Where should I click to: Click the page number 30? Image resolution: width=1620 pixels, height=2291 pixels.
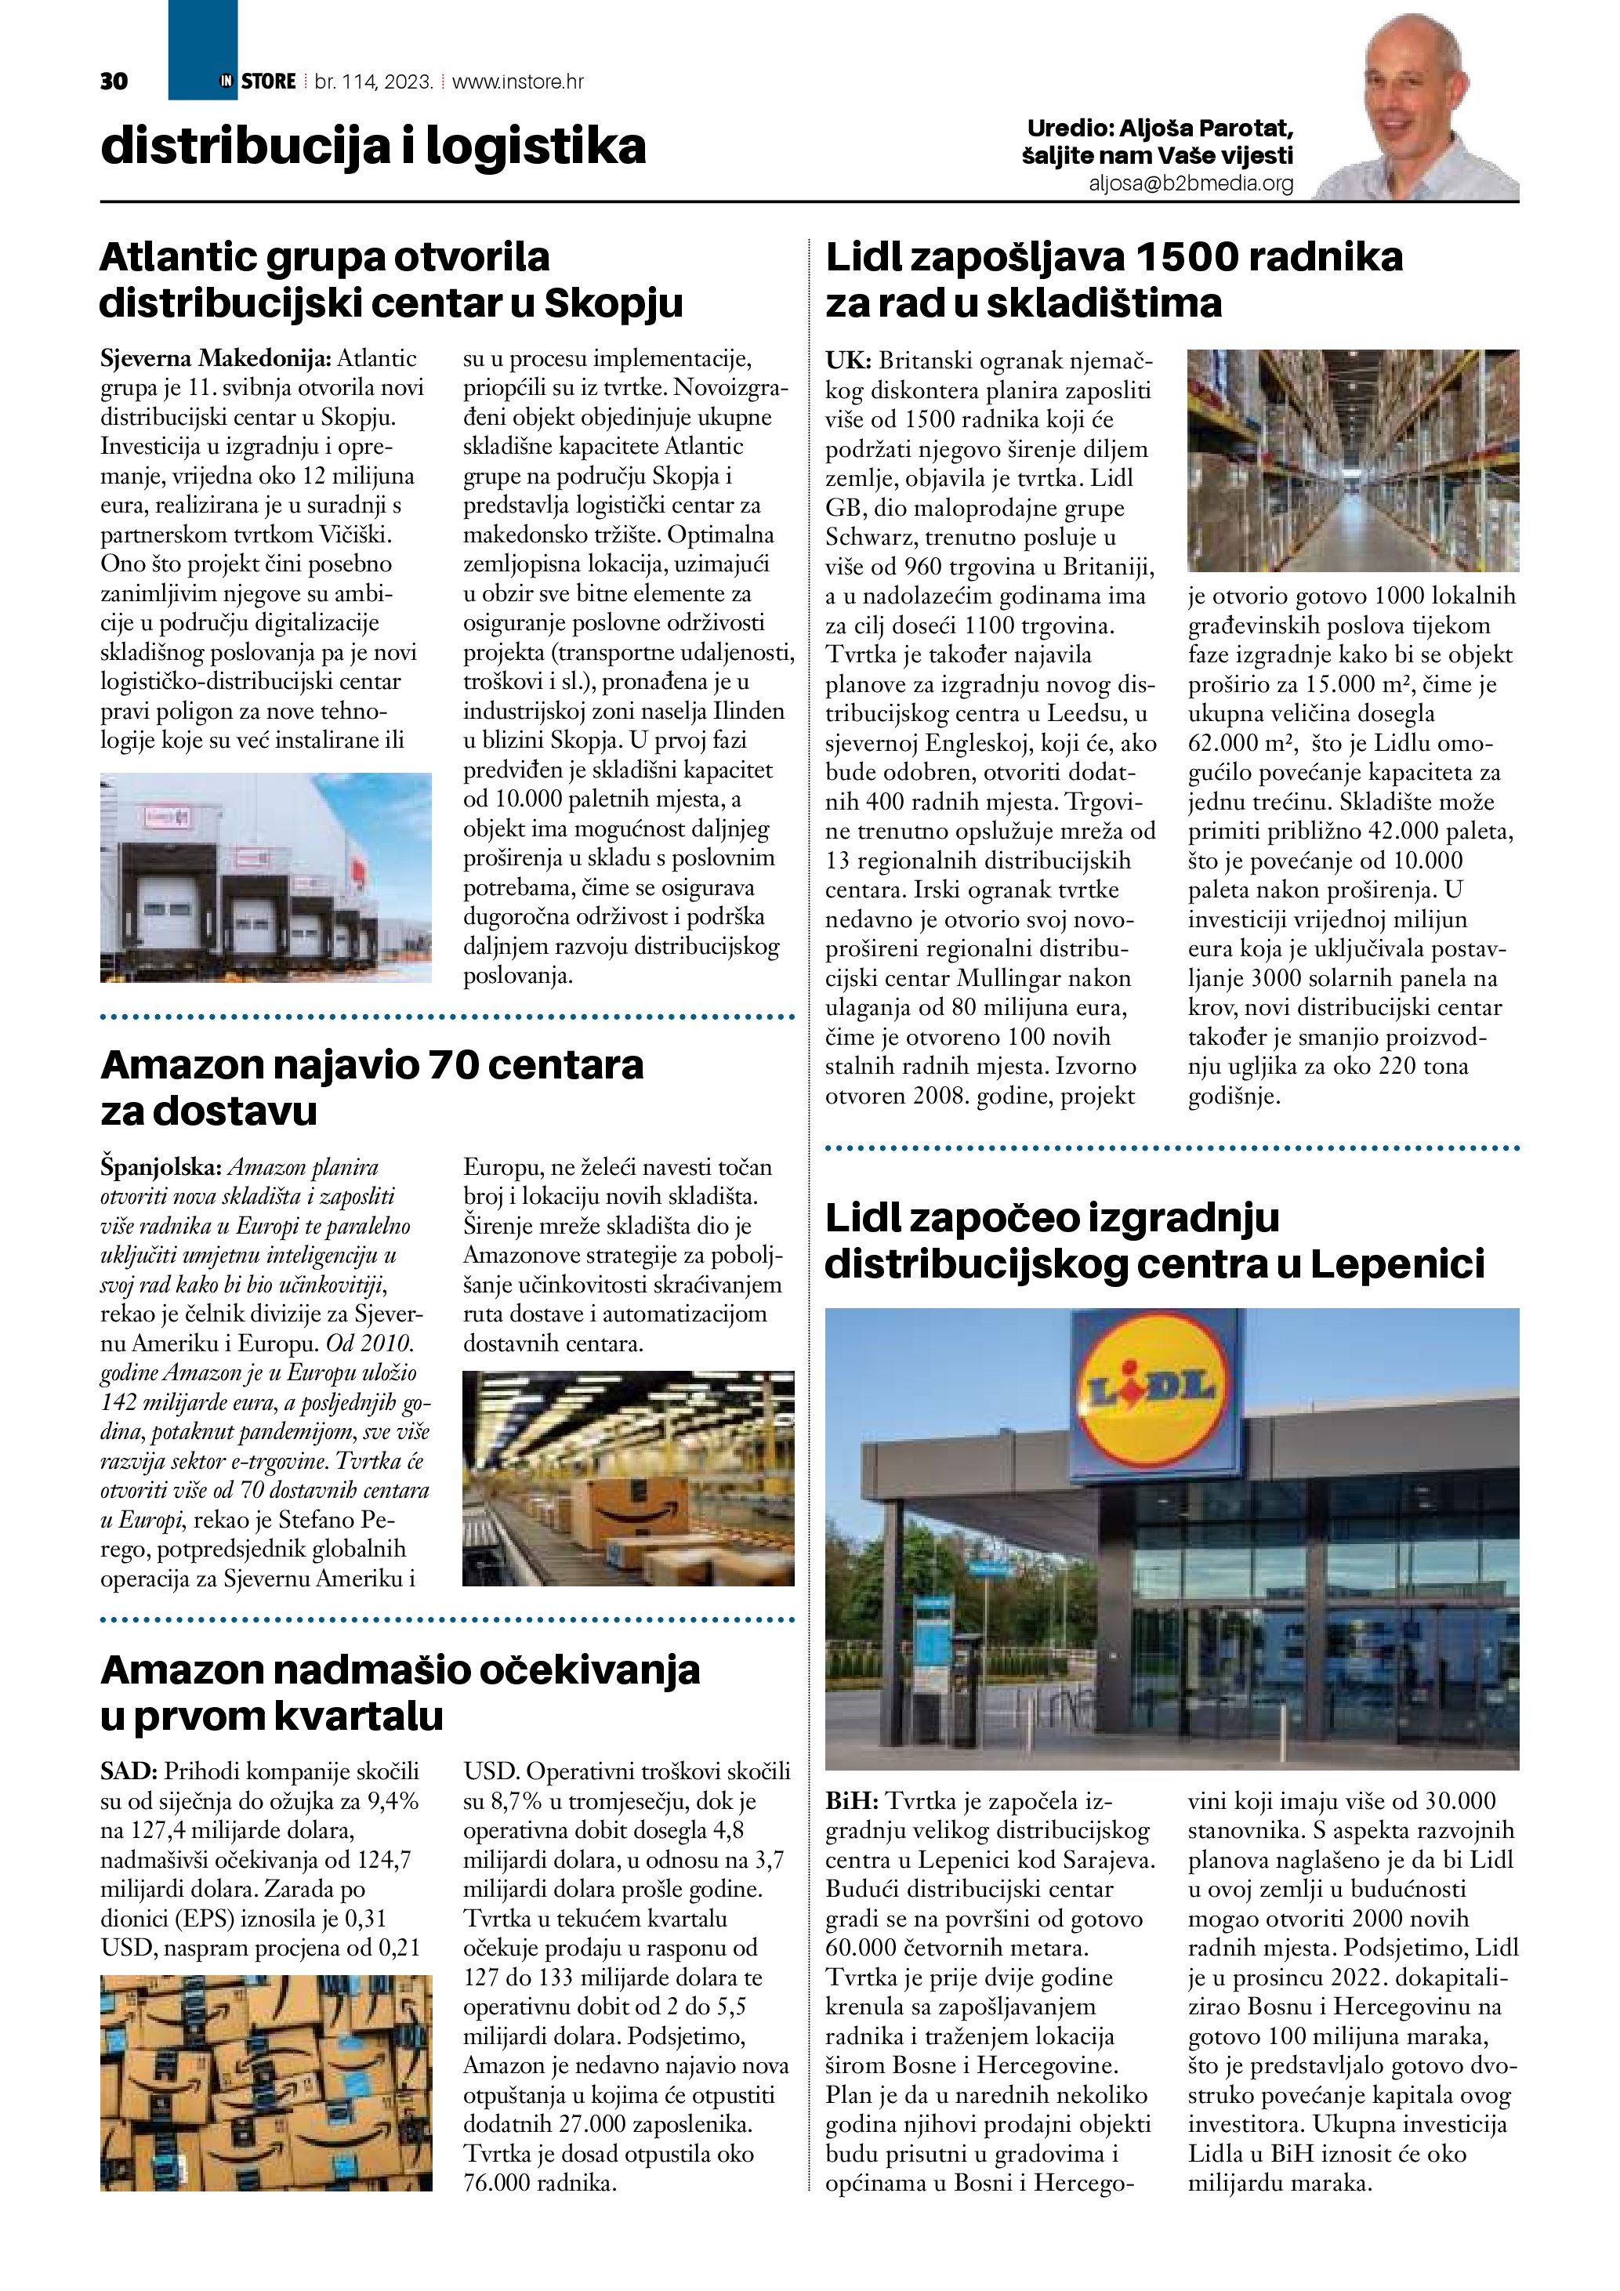pyautogui.click(x=114, y=82)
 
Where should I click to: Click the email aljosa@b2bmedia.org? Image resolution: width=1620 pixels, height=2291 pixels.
pyautogui.click(x=1191, y=183)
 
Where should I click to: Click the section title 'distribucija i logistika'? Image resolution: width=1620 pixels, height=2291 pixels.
pyautogui.click(x=373, y=146)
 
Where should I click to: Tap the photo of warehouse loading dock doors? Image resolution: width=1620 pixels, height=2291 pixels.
pyautogui.click(x=266, y=878)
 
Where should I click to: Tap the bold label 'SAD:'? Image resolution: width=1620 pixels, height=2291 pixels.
pyautogui.click(x=129, y=1771)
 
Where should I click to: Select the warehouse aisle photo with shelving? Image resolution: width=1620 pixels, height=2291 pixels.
pyautogui.click(x=1352, y=460)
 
